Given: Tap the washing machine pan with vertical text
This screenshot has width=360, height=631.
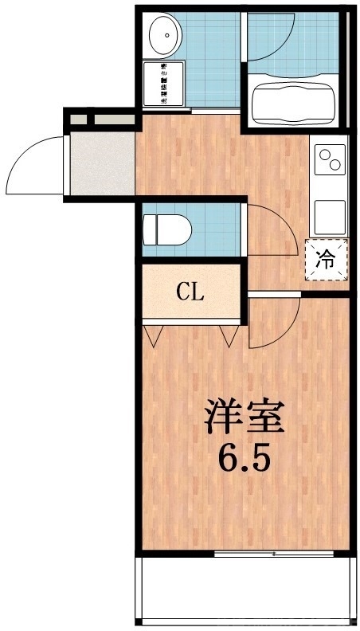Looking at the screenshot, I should tap(163, 84).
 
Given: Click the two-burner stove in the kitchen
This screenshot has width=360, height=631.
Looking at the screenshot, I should tap(330, 159).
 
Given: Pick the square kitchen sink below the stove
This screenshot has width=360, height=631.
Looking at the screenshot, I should tap(330, 214).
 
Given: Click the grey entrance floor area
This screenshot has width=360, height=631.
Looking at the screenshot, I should tap(100, 163).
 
